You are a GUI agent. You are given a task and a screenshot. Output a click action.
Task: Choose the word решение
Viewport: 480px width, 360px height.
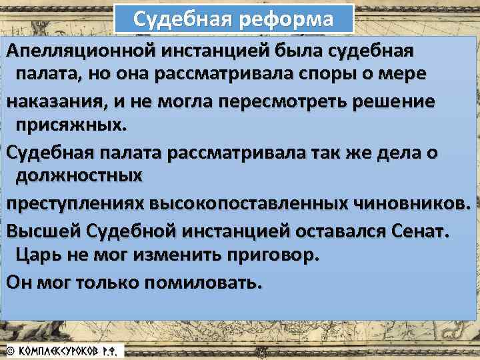pyautogui.click(x=398, y=102)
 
